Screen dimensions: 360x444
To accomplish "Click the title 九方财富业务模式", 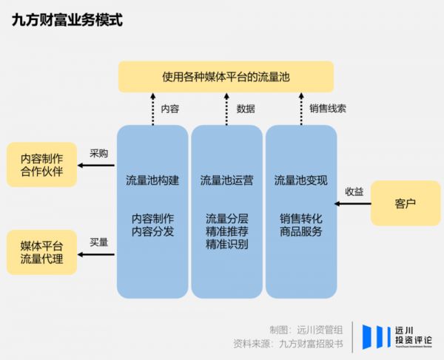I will point(67,20).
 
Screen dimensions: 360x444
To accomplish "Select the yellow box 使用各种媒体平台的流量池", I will point(226,77).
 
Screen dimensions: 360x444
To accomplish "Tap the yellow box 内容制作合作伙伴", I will point(41,164).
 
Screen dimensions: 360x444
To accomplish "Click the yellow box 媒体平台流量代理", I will point(41,252).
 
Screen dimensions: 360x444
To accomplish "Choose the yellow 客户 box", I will point(406,202).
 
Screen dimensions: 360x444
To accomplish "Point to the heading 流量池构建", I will point(152,180).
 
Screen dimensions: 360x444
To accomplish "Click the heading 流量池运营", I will point(226,180).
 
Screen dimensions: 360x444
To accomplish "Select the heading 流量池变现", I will point(300,180).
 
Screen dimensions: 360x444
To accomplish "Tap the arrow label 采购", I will point(98,154).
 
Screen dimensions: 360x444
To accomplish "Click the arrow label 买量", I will point(98,242).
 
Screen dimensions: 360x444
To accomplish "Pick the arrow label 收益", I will point(354,191).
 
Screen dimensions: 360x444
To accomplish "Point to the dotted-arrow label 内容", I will point(170,109).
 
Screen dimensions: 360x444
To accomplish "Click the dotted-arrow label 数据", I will point(246,109).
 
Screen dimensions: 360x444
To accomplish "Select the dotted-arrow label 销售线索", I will point(328,108).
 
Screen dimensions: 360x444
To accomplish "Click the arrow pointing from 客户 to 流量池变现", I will point(354,202).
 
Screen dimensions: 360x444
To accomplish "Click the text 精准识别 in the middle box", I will point(226,244).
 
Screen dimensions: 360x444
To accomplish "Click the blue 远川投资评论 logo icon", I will point(377,336).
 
